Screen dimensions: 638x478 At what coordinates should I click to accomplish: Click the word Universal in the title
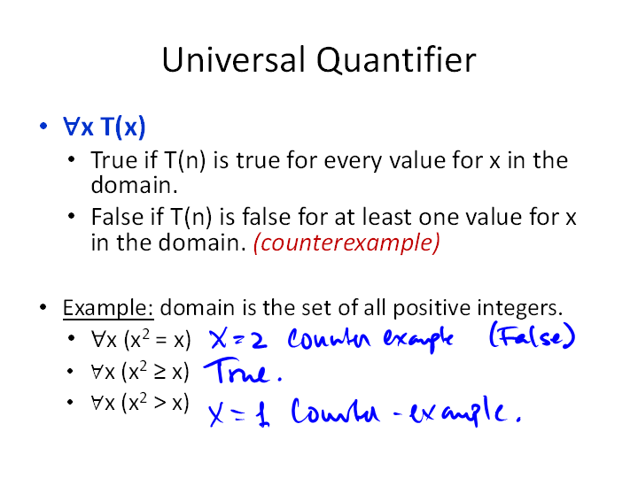pos(234,59)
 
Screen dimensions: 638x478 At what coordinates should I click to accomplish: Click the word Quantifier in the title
pos(396,60)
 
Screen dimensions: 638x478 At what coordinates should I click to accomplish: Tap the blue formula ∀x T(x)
pos(105,127)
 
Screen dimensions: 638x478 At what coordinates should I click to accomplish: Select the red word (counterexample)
pos(346,243)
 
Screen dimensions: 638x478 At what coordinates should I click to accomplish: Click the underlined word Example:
pos(108,308)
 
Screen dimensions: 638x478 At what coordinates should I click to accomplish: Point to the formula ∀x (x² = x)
pos(141,339)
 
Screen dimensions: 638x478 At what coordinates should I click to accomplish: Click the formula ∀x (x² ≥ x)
pos(140,372)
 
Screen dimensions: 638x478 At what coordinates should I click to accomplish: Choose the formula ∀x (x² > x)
pos(140,403)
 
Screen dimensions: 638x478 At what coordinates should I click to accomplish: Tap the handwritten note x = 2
pos(238,339)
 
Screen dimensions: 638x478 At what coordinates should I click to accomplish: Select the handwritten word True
pos(243,371)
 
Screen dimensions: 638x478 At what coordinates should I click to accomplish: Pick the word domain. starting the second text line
pos(135,185)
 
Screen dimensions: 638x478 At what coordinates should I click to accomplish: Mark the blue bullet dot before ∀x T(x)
pos(43,126)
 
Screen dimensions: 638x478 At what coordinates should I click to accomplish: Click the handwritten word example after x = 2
pos(418,338)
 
